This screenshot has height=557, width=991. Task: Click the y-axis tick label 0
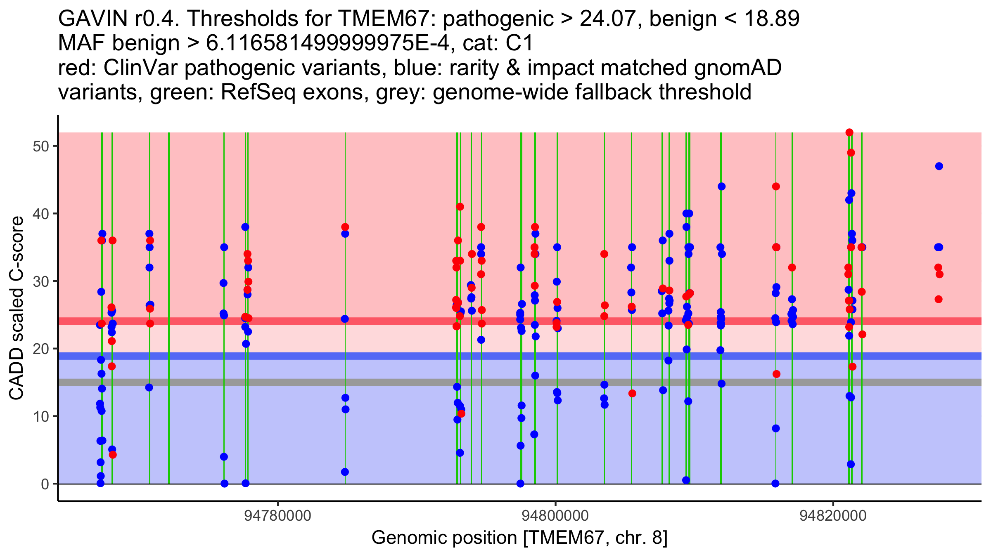click(x=45, y=484)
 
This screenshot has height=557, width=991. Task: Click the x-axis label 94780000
click(x=277, y=516)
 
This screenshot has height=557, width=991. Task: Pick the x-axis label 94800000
click(x=555, y=516)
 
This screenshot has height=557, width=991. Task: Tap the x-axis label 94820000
click(x=833, y=516)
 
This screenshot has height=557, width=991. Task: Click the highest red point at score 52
click(x=849, y=132)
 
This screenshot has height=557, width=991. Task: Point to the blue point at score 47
click(x=939, y=166)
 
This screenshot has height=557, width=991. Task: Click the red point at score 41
click(x=460, y=207)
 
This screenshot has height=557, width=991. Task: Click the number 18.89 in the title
click(x=771, y=19)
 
